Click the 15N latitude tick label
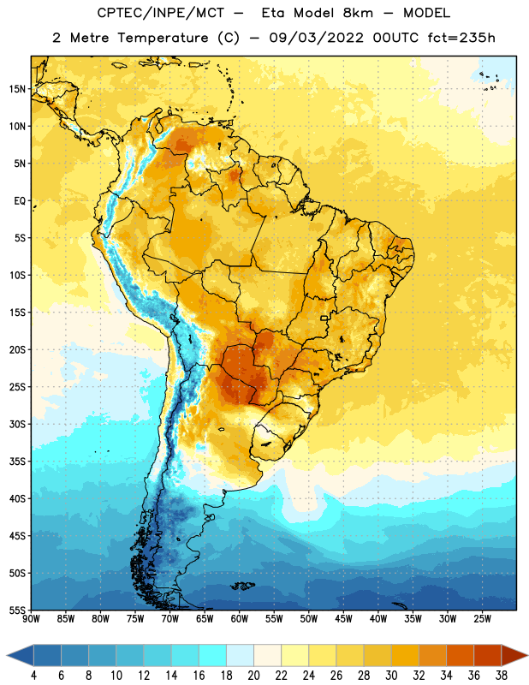(17, 89)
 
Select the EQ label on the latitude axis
(20, 201)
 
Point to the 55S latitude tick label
(17, 611)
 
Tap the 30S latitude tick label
(17, 424)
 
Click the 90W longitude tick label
(31, 619)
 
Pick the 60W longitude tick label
(240, 619)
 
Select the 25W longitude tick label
(482, 619)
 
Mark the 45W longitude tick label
(343, 619)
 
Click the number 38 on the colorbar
(501, 676)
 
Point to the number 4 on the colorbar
(33, 676)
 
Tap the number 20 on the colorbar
(253, 676)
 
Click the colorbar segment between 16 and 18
(213, 656)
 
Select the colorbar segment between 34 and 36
(460, 656)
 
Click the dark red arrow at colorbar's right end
(514, 656)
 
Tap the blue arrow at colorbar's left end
(20, 656)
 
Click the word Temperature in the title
(163, 38)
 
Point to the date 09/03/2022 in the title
(316, 38)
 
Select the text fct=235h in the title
(461, 38)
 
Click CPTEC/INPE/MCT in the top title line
(160, 13)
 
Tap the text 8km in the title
(358, 13)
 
